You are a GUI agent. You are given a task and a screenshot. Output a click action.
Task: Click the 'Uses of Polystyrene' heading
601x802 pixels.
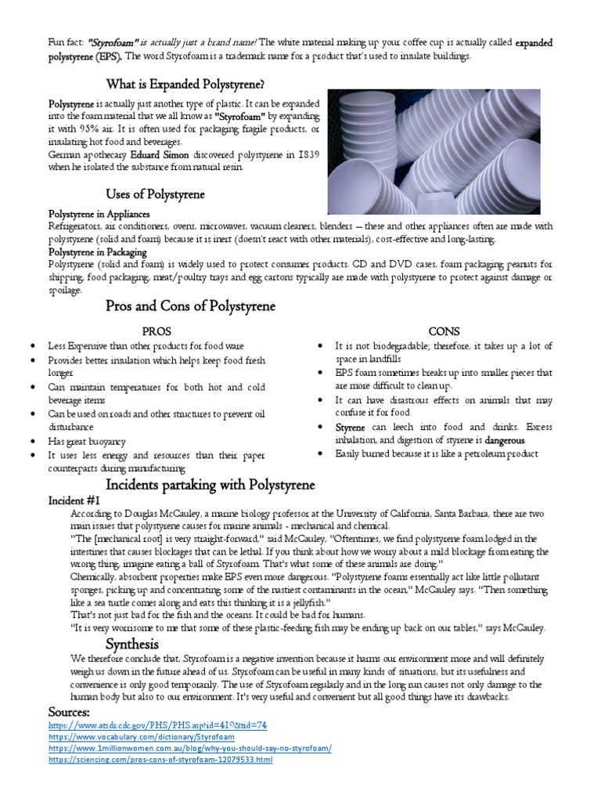(x=156, y=193)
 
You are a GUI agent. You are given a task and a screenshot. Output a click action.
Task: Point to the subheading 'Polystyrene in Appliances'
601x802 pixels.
(x=99, y=214)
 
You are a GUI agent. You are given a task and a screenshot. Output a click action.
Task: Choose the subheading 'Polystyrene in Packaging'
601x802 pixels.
(x=98, y=252)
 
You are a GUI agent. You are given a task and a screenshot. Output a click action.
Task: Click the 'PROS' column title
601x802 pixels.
(x=156, y=331)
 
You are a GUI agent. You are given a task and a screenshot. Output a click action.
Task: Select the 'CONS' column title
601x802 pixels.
(x=444, y=331)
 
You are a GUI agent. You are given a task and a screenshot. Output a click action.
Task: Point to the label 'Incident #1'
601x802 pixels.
(x=74, y=500)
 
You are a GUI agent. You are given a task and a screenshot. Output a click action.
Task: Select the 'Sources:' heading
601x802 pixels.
(x=69, y=711)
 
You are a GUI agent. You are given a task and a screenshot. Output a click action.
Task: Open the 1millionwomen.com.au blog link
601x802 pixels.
(x=189, y=748)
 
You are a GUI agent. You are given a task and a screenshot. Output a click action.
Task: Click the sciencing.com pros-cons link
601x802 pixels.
(x=160, y=759)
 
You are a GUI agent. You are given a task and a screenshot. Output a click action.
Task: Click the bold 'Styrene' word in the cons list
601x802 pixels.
(x=351, y=428)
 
